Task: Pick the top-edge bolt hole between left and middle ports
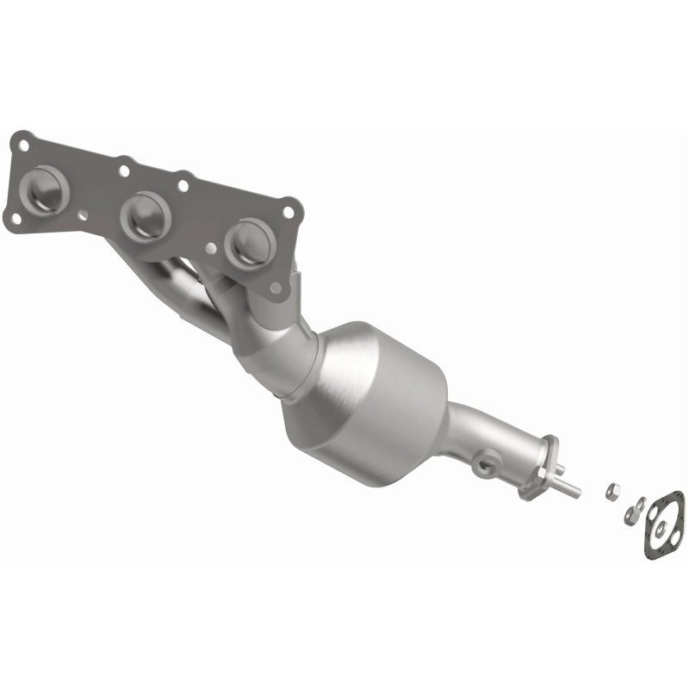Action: (126, 169)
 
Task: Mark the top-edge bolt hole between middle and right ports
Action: (183, 184)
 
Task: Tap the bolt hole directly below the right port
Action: (275, 288)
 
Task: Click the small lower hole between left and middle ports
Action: (83, 215)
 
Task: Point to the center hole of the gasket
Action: (665, 523)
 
